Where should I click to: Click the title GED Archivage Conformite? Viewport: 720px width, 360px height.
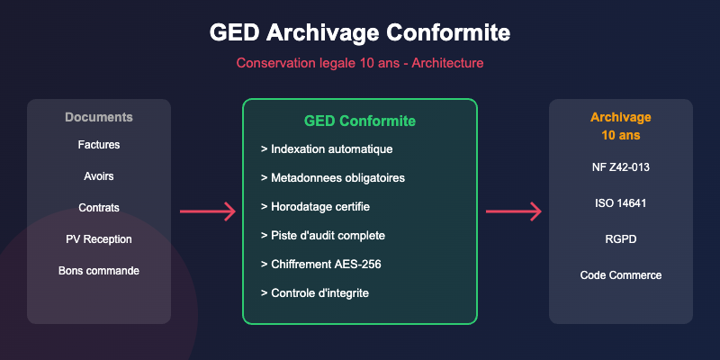[x=360, y=32]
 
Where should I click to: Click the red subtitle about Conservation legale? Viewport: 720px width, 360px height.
[x=360, y=64]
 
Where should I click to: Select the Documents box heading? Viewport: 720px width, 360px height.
[x=99, y=117]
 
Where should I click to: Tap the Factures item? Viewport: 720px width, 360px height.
[x=99, y=144]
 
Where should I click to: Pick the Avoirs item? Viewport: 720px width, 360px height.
[x=99, y=175]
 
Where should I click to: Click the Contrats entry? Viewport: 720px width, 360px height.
[x=99, y=207]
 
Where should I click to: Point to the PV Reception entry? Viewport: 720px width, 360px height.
[x=99, y=238]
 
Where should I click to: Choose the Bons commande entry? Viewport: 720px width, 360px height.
[x=99, y=270]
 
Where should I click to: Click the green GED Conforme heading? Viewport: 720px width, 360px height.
[x=360, y=121]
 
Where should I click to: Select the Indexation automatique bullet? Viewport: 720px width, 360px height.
[x=327, y=148]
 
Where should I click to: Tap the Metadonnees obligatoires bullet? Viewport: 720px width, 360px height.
[x=332, y=177]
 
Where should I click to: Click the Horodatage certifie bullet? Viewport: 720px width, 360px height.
[x=315, y=206]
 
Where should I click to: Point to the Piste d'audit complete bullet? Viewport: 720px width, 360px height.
[x=322, y=235]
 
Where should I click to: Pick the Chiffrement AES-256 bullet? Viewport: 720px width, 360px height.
[x=319, y=264]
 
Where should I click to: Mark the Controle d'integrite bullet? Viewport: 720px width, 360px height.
[x=314, y=292]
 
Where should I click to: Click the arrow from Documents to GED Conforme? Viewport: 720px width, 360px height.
[x=207, y=211]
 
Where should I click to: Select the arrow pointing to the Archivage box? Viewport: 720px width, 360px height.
[x=513, y=211]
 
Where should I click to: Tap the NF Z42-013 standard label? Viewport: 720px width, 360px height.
[x=621, y=166]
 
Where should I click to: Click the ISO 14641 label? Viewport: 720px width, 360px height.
[x=621, y=202]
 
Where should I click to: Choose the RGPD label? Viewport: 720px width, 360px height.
[x=621, y=238]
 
